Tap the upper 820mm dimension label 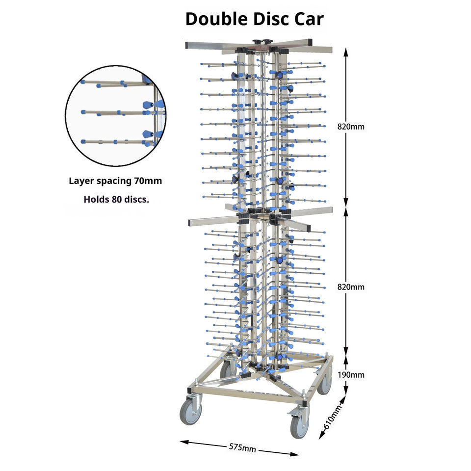(x=351, y=127)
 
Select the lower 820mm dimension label (x=351, y=287)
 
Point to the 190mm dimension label (x=351, y=375)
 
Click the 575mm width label (x=243, y=447)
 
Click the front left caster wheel (x=190, y=411)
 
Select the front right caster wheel (x=299, y=422)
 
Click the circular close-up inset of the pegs (x=115, y=116)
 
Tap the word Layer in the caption (x=80, y=181)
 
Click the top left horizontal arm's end (x=189, y=45)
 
